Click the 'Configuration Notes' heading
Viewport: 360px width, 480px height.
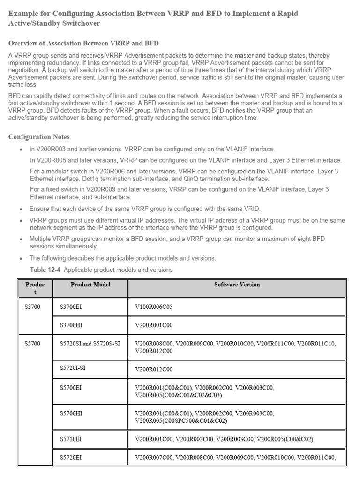(x=39, y=137)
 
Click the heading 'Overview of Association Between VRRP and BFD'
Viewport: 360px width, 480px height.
(x=83, y=43)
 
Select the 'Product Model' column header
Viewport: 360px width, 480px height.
(x=90, y=285)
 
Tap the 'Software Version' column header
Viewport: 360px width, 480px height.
(x=237, y=285)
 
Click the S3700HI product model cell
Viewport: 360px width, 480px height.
(x=73, y=324)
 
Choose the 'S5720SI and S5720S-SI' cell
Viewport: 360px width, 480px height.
(x=90, y=344)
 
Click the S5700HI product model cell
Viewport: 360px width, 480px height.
(x=73, y=413)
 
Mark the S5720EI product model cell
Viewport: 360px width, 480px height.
(x=73, y=457)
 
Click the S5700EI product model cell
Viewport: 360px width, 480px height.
(x=73, y=388)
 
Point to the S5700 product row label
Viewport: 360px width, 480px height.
(x=33, y=344)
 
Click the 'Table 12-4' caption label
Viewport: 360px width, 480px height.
(x=45, y=270)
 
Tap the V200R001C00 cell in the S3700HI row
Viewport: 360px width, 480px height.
(x=154, y=324)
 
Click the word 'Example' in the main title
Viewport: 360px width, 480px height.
(x=25, y=14)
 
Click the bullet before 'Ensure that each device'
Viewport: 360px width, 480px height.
(x=21, y=209)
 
